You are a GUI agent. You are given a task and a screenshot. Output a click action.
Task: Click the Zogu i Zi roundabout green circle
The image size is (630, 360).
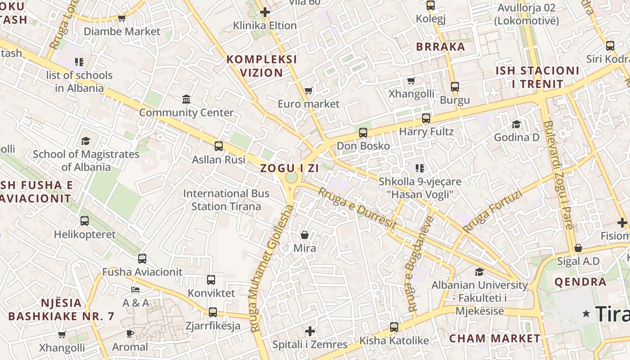[292, 177]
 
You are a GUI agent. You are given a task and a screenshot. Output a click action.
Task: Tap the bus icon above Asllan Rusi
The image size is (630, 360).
[219, 146]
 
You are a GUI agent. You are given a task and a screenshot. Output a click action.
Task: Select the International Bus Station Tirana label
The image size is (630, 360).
[226, 200]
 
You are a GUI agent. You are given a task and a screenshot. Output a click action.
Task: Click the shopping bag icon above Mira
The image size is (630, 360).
[305, 235]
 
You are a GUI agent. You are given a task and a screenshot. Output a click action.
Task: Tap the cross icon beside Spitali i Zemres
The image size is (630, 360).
[310, 332]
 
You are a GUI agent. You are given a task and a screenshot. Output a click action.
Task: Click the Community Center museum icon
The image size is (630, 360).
[186, 99]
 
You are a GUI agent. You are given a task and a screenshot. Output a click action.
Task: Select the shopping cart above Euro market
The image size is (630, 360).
[309, 91]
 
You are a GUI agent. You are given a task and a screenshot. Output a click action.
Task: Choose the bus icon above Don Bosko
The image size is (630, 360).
[363, 133]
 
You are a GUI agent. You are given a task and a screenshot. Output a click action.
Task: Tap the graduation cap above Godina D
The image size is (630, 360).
[516, 124]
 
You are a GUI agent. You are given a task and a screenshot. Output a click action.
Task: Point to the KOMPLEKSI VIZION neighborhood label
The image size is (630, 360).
[261, 66]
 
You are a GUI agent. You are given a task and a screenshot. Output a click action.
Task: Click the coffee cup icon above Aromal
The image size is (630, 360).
[130, 333]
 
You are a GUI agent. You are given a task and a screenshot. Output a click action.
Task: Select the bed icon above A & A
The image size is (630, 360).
[135, 289]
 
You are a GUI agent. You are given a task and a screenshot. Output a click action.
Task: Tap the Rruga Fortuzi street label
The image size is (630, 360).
[492, 211]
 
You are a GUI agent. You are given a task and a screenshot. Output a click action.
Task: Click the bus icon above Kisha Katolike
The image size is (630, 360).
[394, 327]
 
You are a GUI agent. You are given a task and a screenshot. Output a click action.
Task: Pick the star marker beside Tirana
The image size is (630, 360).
[586, 314]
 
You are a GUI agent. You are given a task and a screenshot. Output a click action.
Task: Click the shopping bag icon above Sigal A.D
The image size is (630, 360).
[578, 248]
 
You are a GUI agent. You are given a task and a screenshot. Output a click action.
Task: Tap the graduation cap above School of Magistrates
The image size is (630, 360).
[86, 141]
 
